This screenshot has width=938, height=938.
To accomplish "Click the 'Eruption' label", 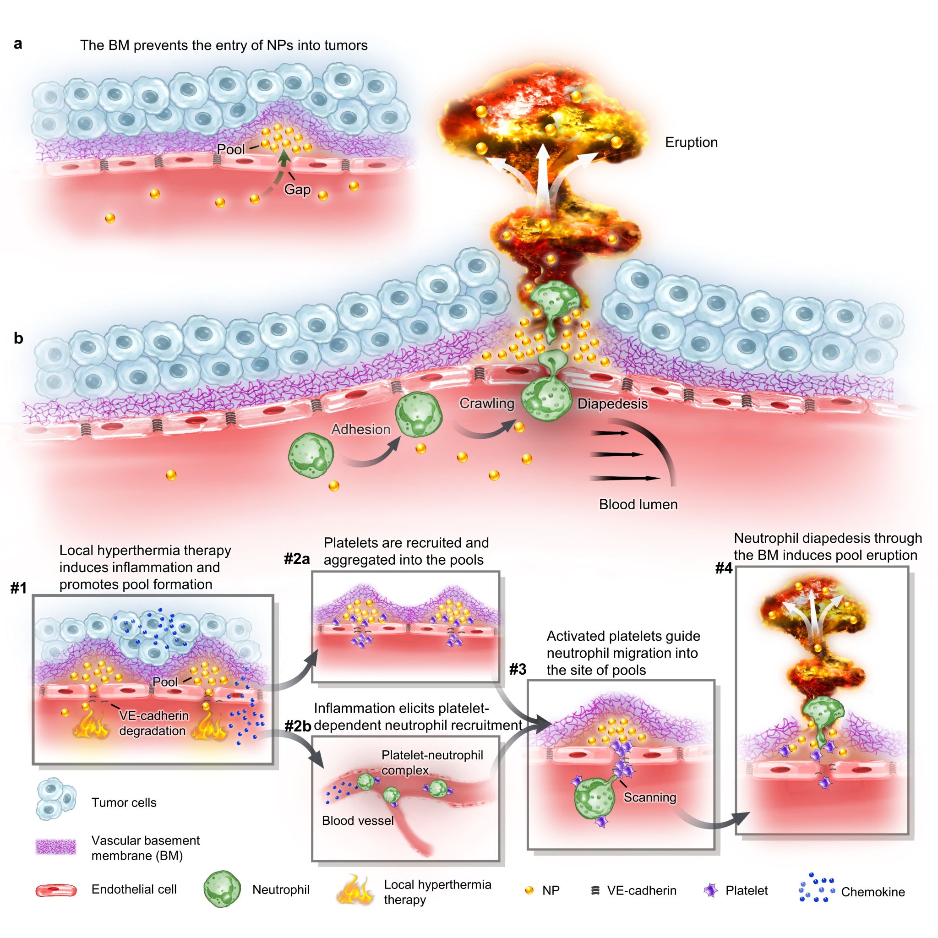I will pos(691,142).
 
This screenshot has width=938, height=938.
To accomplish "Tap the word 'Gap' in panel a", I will pos(297,189).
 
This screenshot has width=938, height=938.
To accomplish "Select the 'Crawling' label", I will pos(486,403).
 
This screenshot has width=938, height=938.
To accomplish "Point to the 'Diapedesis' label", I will pos(612,404).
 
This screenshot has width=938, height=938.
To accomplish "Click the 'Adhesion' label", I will pos(360,429).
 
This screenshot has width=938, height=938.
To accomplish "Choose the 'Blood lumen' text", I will pos(638,504).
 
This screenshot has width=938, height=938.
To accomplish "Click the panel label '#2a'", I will pos(297,559).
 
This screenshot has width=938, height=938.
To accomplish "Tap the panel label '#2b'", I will pos(298,726).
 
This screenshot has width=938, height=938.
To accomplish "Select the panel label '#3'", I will pos(518,670).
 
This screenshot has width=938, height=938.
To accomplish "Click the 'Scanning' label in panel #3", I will pos(649,797).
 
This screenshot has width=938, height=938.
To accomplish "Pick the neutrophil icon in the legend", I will pos(222,889).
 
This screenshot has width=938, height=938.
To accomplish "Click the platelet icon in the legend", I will pos(711,890).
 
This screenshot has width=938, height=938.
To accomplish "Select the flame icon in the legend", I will pos(355,891).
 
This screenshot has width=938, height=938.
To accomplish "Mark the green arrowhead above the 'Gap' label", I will pos(285,158).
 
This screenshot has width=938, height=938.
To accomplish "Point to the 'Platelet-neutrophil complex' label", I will pos(431,762).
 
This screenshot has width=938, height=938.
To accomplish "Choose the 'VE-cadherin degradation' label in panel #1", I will pos(153,723).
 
